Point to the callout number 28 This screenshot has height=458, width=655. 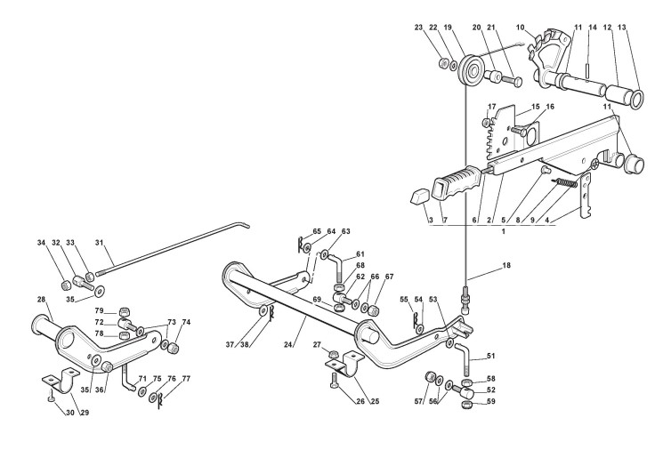coord(41,300)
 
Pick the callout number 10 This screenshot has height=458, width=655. coord(520,28)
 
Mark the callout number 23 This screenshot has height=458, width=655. coord(441,28)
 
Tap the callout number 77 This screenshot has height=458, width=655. coord(186,378)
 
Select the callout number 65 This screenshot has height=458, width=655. coord(291,232)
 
